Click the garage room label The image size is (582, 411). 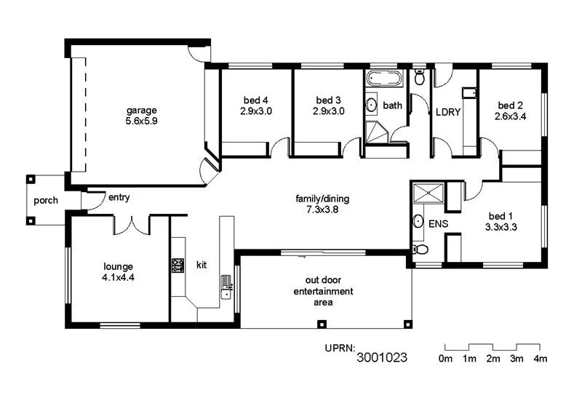click(x=141, y=111)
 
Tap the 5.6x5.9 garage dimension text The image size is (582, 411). click(x=141, y=121)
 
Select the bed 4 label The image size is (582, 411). click(x=255, y=100)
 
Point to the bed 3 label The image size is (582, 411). click(x=328, y=100)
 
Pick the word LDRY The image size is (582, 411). click(x=447, y=112)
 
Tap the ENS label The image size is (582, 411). click(x=439, y=223)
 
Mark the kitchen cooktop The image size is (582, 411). click(x=178, y=266)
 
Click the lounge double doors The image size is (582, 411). click(x=132, y=224)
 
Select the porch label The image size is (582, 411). click(x=46, y=200)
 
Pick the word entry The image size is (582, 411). click(x=119, y=197)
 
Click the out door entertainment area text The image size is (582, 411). click(x=323, y=291)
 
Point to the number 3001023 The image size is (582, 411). click(x=381, y=358)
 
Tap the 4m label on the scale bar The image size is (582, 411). click(x=540, y=359)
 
